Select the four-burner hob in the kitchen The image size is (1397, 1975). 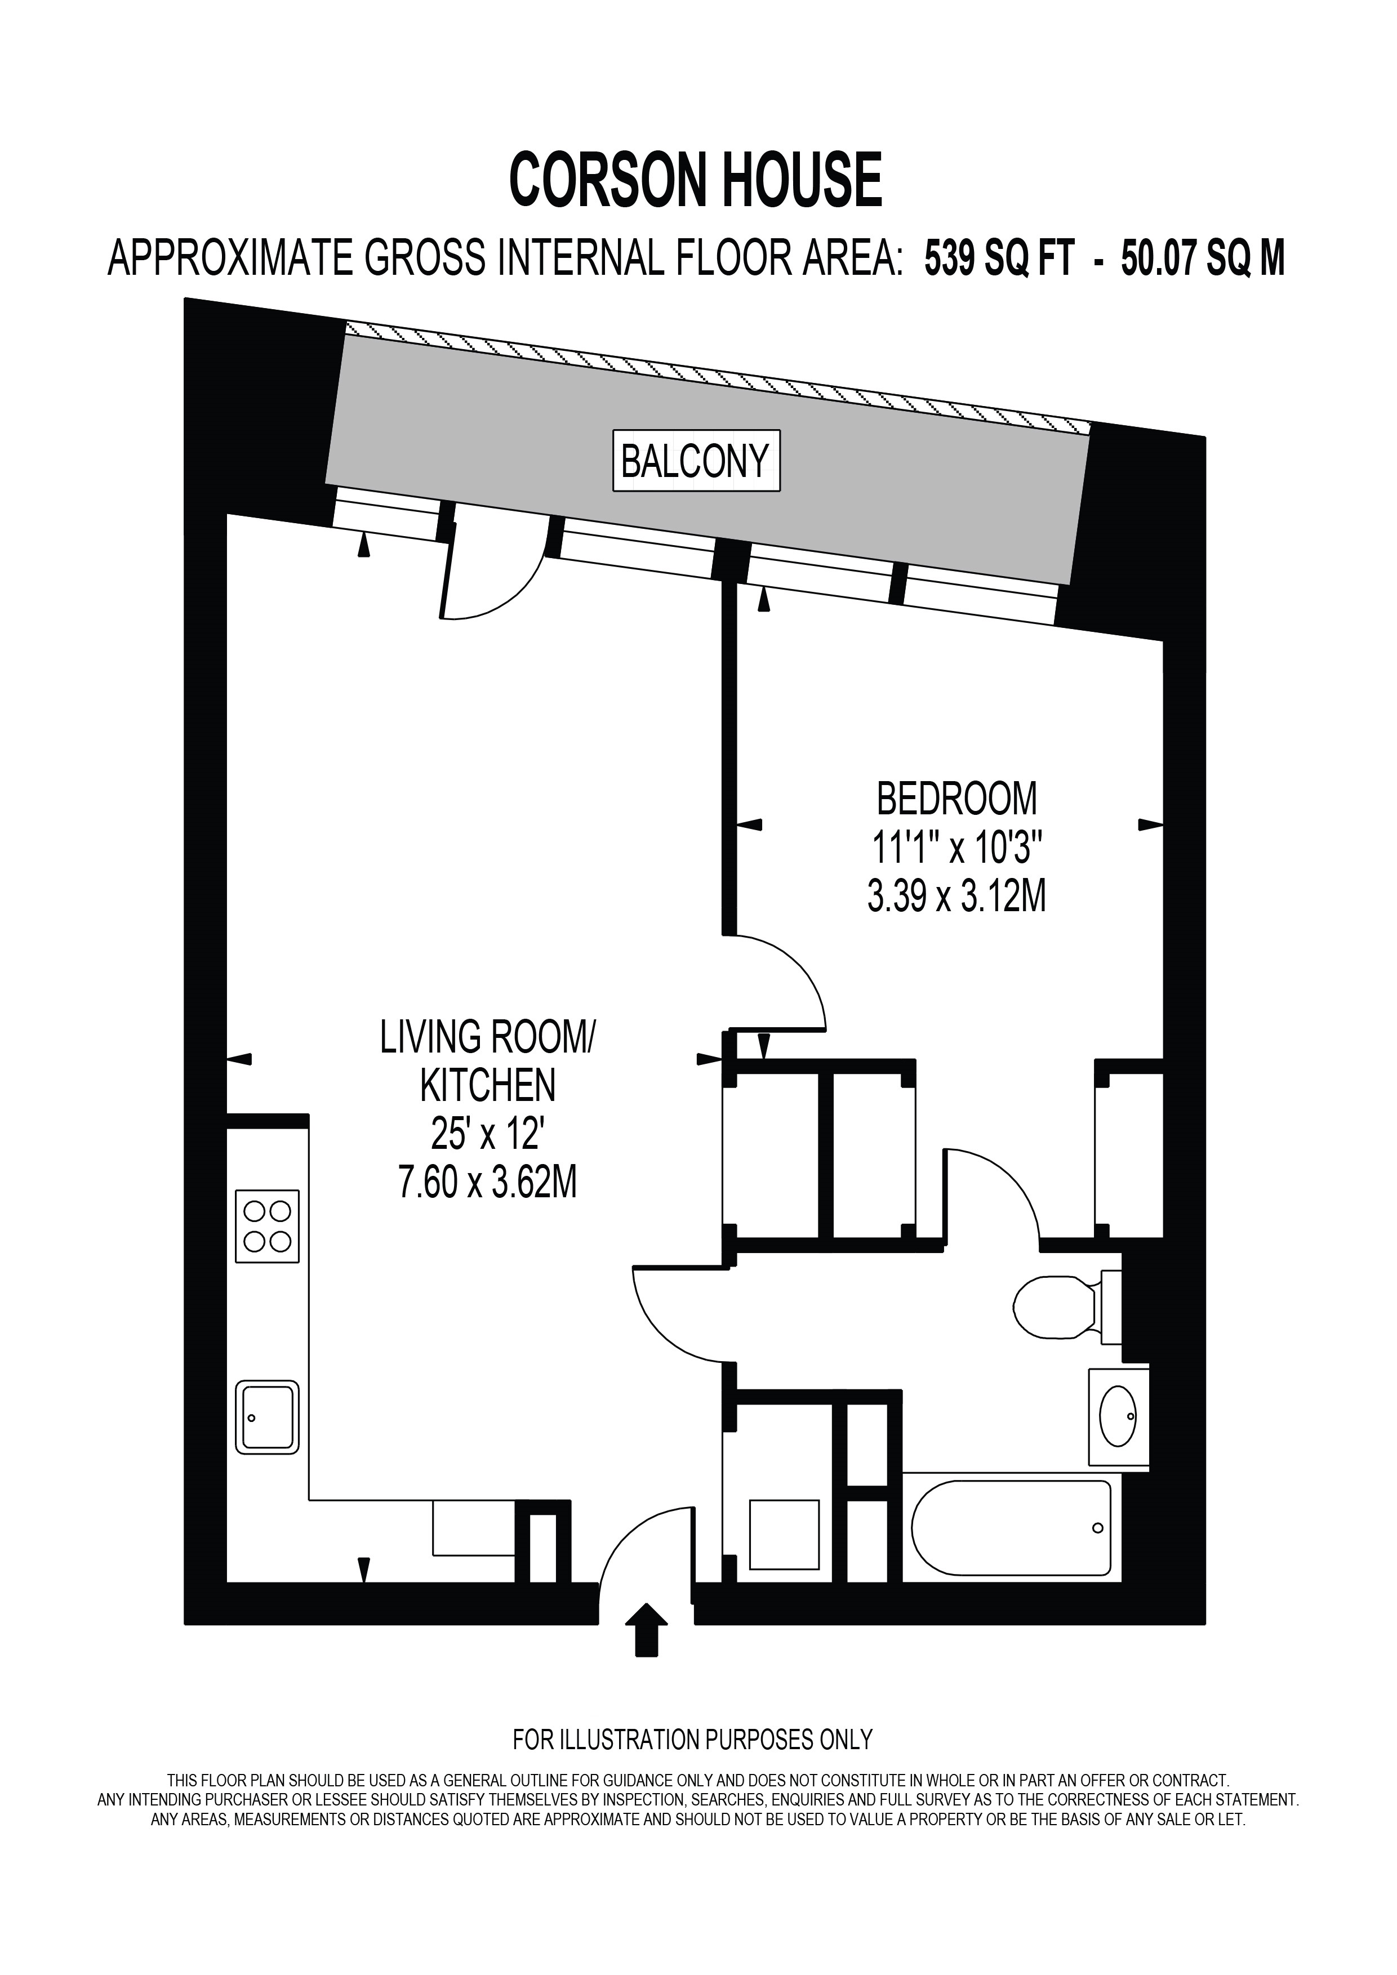[x=268, y=1226]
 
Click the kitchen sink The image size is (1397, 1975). [x=268, y=1417]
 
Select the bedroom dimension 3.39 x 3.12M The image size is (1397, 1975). [x=956, y=898]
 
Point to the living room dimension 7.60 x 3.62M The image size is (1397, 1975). [x=487, y=1184]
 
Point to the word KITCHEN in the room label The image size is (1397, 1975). [x=488, y=1086]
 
